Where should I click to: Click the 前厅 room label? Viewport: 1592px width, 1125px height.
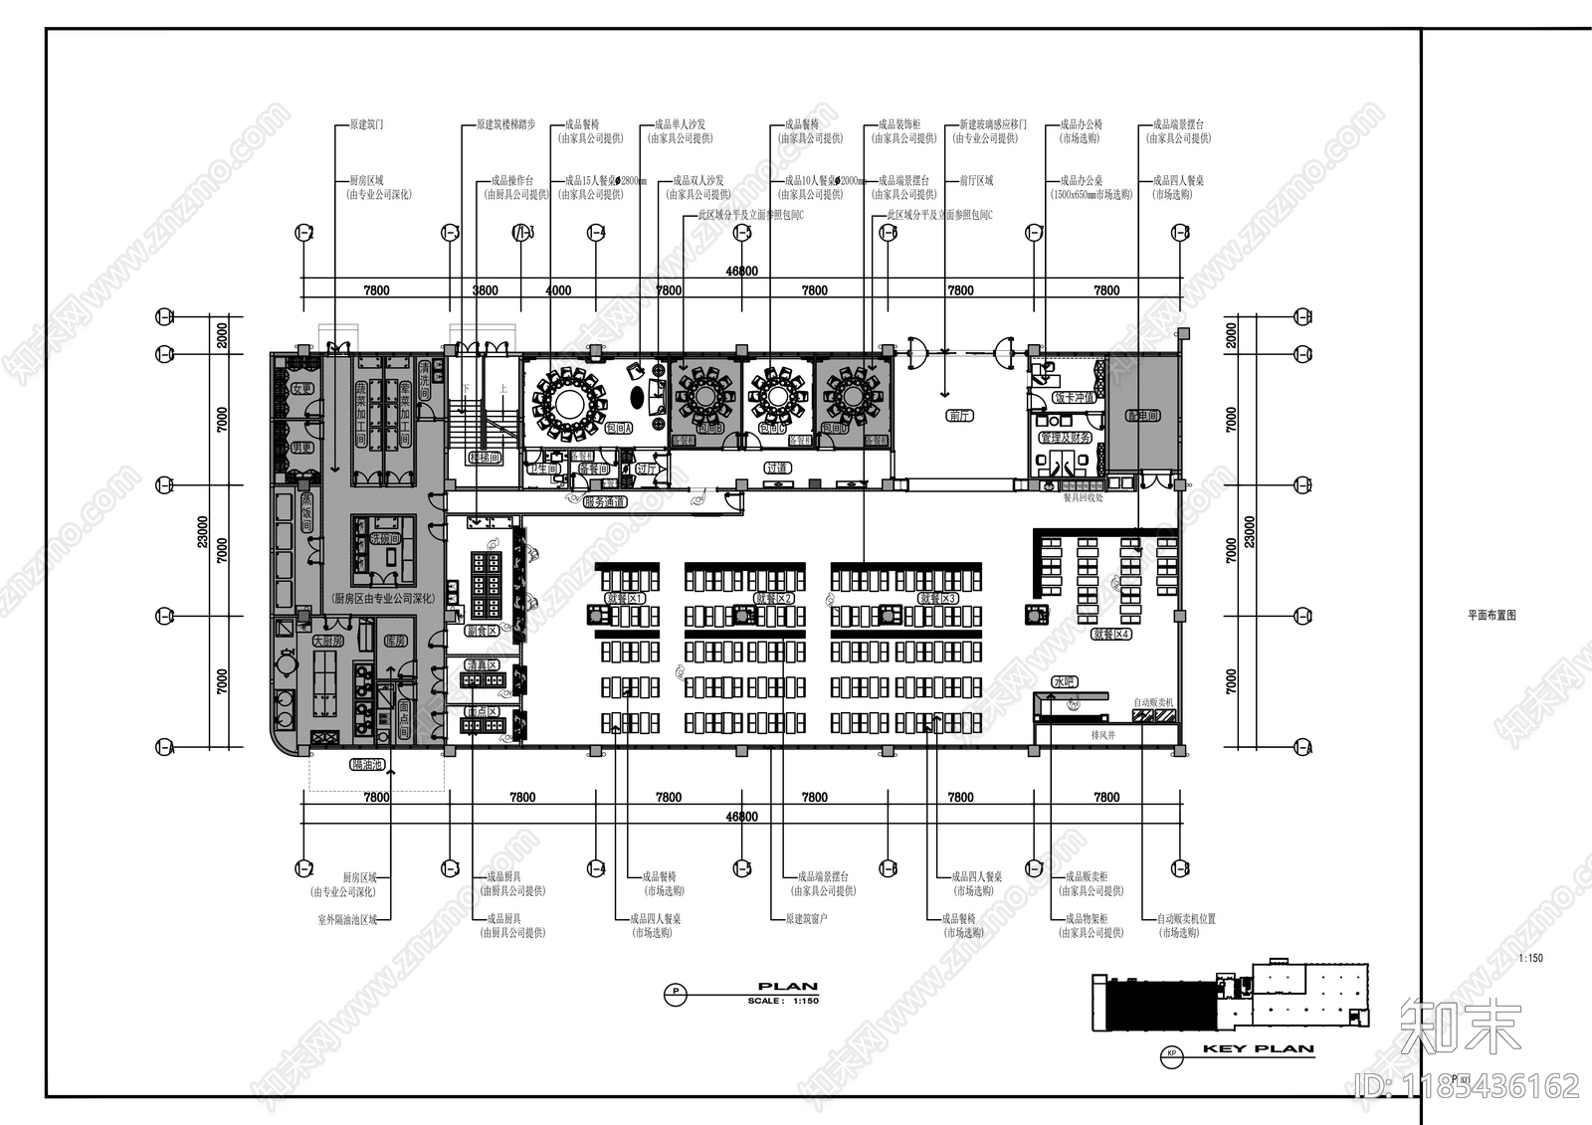(959, 416)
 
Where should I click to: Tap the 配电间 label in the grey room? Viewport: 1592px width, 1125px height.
(1142, 416)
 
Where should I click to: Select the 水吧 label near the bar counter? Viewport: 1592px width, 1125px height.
(1064, 681)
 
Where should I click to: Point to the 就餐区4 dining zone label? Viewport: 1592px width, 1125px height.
(1111, 634)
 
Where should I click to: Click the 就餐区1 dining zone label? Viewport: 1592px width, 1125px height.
(626, 599)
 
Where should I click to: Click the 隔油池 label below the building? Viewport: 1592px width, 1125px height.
(367, 765)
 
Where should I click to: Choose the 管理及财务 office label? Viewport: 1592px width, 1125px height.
(1066, 438)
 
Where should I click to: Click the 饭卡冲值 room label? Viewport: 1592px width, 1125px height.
(1074, 397)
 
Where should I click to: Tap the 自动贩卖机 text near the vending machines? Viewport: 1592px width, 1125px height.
(1153, 702)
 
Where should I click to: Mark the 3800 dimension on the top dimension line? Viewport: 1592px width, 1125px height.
(485, 290)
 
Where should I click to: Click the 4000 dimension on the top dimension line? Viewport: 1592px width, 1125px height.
(559, 290)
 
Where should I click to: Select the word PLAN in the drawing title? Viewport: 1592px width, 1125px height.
(787, 987)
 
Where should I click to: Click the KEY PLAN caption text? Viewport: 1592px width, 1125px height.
(1258, 1048)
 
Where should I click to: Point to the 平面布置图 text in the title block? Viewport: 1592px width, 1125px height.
(1492, 616)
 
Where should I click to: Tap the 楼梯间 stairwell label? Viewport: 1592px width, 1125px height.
(485, 457)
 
